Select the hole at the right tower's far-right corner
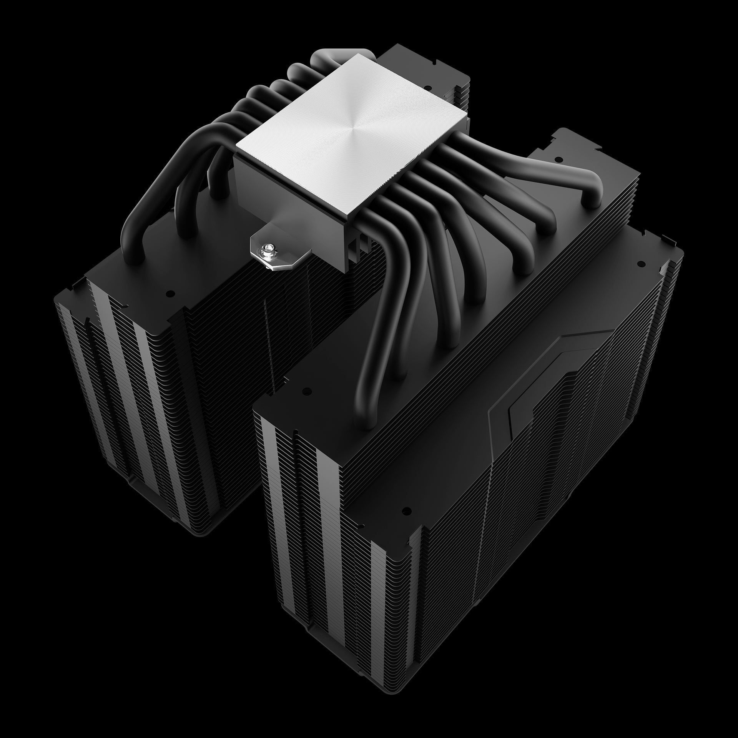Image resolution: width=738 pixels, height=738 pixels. coord(641,264)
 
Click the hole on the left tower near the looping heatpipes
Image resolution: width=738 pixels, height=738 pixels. coord(168,293)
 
